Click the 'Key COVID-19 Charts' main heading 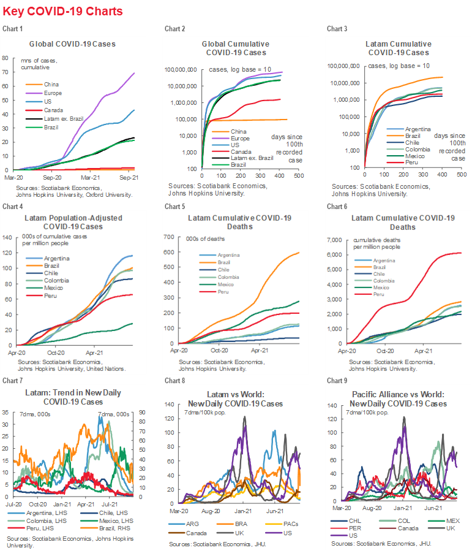pos(62,12)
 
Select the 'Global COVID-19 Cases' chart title pos(72,44)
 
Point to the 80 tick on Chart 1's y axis pos(5,58)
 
